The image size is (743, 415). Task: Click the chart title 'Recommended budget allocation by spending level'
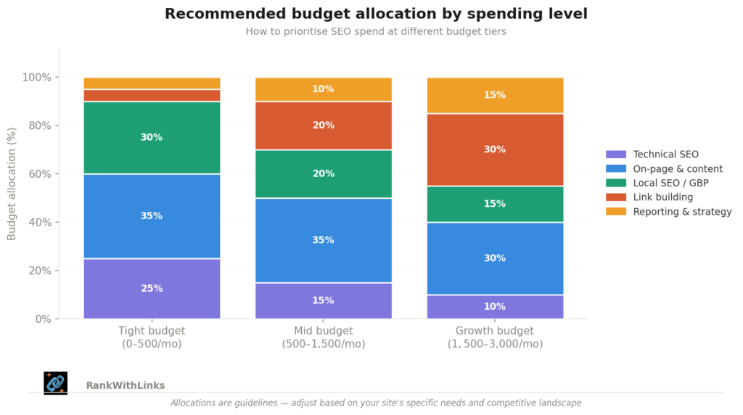[x=376, y=14]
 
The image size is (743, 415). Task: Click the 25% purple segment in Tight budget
[x=152, y=289]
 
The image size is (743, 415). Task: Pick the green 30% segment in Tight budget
[x=152, y=138]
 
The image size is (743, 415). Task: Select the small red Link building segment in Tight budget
[x=152, y=95]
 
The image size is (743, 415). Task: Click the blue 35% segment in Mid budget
[x=323, y=240]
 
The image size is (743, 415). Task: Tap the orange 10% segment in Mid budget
[x=323, y=89]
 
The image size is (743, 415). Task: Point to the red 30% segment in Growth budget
[x=495, y=149]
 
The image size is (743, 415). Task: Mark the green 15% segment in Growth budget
[x=495, y=204]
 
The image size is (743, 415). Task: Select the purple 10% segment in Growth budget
[x=495, y=306]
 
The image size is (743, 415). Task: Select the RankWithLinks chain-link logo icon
[x=55, y=383]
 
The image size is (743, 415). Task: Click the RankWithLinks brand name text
[x=125, y=386]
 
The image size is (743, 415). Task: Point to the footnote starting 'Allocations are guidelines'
[x=376, y=403]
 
